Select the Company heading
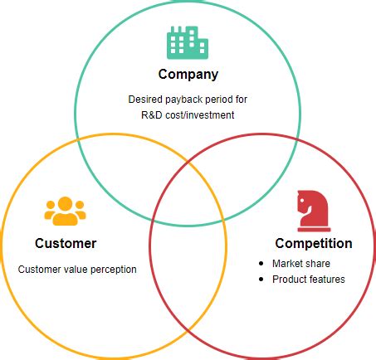pos(188,75)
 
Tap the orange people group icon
pos(66,212)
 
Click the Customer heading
pos(66,244)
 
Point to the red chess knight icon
pos(312,209)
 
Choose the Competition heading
pos(313,244)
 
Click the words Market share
pos(301,264)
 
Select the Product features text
pos(308,280)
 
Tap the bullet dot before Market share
pos(262,264)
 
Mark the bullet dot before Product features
pos(262,280)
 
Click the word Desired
pos(145,100)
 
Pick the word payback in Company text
pos(183,100)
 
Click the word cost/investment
pos(200,115)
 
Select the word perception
pos(114,270)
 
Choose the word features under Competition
pos(326,280)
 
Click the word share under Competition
pos(318,264)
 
